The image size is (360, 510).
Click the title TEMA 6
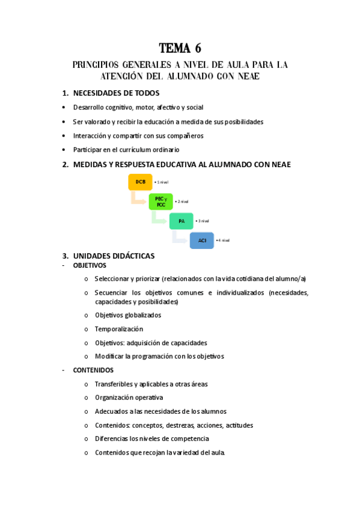click(x=180, y=48)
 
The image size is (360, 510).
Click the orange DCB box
click(x=141, y=182)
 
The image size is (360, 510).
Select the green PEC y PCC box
click(x=160, y=201)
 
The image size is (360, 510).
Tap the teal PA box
click(x=181, y=221)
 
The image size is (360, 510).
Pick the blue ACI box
click(x=202, y=241)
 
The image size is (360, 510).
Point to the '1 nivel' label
click(x=162, y=182)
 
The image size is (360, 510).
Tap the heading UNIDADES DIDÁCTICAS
click(x=114, y=256)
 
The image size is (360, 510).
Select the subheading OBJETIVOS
click(x=90, y=265)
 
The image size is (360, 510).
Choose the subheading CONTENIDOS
click(x=93, y=370)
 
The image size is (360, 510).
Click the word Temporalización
click(x=119, y=329)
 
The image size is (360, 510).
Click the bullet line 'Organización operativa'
click(x=129, y=398)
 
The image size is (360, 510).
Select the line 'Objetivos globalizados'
click(x=128, y=315)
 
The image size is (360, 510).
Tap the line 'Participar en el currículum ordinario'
click(x=126, y=150)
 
